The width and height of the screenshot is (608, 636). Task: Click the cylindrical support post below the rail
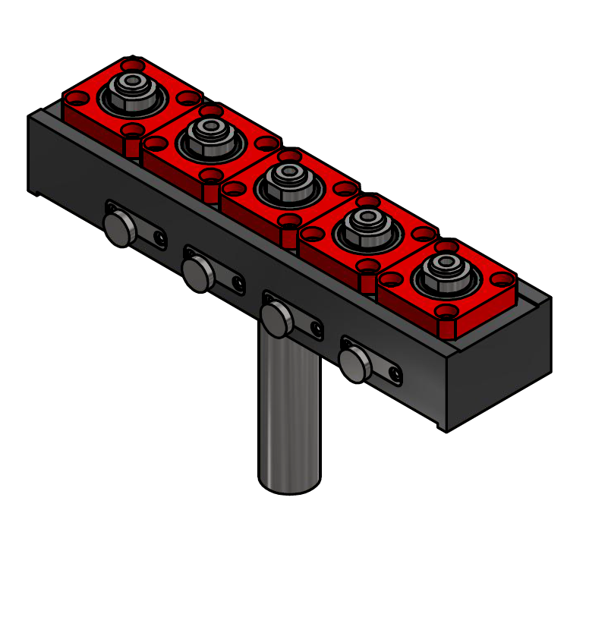[290, 410]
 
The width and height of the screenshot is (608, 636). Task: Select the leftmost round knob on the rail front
[118, 228]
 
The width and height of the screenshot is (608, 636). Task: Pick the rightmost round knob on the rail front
[354, 365]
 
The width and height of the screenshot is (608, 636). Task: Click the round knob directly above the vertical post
[276, 320]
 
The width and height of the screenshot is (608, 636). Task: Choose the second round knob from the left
[197, 274]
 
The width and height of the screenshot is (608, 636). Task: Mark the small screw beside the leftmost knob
[159, 238]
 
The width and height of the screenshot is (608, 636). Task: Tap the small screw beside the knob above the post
[317, 329]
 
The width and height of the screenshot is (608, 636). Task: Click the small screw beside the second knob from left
[238, 284]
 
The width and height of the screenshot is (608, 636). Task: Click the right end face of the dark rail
[499, 364]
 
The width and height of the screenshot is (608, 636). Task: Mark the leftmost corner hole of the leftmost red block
[76, 98]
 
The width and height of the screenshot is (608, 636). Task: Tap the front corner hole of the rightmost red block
[447, 311]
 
